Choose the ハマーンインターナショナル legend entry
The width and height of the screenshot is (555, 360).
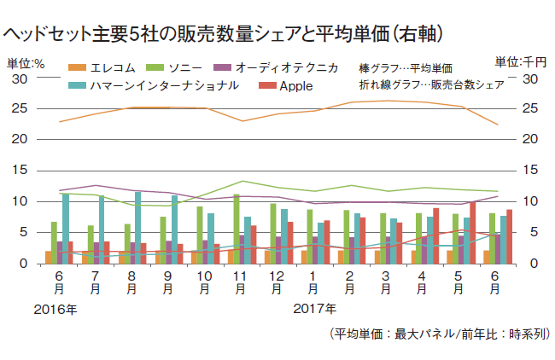pos(149,85)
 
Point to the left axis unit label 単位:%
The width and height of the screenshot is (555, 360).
pos(26,62)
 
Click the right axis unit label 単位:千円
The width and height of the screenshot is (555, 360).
pos(521,62)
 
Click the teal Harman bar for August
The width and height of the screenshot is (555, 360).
pos(137,228)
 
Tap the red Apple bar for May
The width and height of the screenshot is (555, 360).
pos(472,233)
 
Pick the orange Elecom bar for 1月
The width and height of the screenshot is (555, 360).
pos(306,257)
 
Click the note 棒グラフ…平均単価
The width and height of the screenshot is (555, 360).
pos(405,67)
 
